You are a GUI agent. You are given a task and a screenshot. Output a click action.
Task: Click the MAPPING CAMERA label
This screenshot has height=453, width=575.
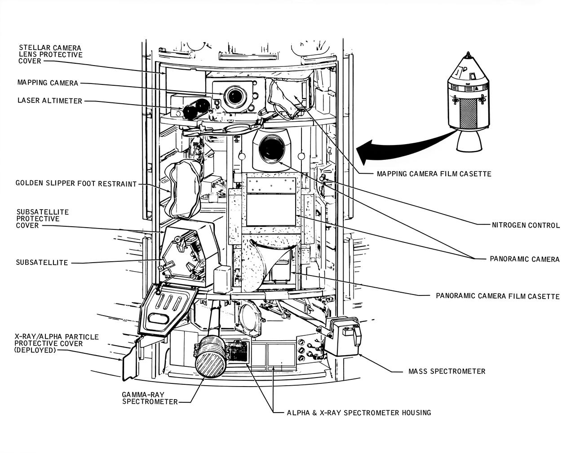[x=48, y=83]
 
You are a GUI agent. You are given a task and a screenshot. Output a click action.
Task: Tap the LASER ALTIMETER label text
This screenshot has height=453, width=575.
[x=49, y=101]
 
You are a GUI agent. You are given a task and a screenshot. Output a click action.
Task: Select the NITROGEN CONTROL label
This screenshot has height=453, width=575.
[x=526, y=225]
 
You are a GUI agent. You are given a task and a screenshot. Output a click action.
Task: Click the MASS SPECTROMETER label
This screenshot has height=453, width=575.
[x=447, y=371]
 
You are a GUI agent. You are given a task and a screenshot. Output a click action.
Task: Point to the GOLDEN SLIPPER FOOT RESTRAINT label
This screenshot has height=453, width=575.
[x=76, y=184]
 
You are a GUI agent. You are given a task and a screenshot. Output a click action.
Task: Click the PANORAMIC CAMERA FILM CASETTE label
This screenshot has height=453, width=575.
[x=498, y=296]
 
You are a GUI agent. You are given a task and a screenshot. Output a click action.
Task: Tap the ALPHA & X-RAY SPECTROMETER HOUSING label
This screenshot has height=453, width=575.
[x=358, y=412]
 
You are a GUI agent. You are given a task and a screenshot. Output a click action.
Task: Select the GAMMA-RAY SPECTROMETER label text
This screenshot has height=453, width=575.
[x=150, y=398]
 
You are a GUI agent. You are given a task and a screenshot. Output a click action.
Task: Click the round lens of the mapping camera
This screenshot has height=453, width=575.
[x=234, y=96]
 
